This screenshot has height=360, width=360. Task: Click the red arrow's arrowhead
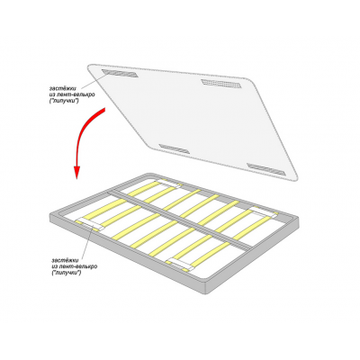click(77, 172)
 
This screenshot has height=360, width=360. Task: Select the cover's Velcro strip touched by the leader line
click(120, 73)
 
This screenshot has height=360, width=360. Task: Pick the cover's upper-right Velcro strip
click(220, 84)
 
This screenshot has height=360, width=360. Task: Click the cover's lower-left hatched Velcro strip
click(175, 148)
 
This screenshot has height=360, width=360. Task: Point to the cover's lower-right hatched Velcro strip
click(266, 169)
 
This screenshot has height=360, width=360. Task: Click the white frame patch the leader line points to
click(89, 223)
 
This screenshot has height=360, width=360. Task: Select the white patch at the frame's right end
click(264, 212)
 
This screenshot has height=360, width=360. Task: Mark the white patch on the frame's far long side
click(168, 184)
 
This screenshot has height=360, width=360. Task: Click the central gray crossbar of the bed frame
click(180, 220)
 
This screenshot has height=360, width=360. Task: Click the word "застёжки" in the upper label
click(63, 88)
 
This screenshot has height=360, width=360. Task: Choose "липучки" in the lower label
click(67, 273)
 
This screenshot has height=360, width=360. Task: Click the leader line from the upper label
click(94, 81)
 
